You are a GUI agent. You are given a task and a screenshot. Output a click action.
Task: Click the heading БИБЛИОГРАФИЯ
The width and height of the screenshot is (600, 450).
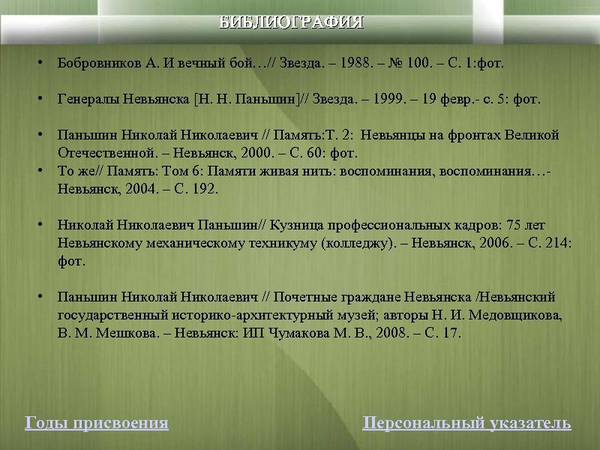(x=291, y=22)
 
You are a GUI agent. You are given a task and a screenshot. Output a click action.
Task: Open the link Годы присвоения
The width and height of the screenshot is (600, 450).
(x=97, y=423)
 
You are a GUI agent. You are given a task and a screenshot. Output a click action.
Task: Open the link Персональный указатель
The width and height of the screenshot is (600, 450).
(x=466, y=423)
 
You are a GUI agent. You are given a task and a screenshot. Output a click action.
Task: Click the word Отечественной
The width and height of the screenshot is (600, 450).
(x=100, y=153)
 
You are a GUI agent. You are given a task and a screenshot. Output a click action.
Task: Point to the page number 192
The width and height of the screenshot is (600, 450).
(x=205, y=189)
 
